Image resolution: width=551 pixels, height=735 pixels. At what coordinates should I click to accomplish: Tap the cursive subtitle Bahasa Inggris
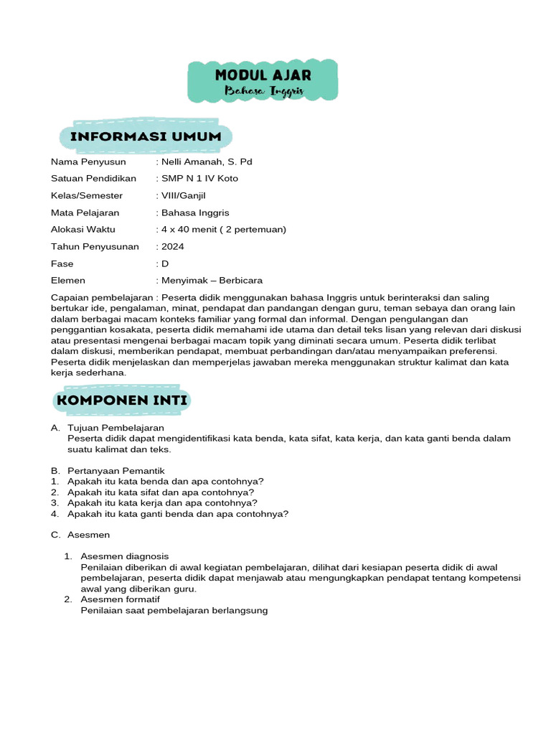point(263,92)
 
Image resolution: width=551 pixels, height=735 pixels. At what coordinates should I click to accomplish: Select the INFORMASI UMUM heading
point(146,136)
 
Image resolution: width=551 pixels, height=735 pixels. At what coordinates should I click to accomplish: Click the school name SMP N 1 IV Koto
point(199,179)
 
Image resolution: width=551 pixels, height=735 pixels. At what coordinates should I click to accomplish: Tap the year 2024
point(173,246)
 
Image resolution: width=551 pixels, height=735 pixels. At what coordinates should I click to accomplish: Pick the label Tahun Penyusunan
point(95,246)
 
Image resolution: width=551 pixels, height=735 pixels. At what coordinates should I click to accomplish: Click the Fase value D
point(164,263)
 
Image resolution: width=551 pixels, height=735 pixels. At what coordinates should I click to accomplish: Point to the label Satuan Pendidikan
point(93,179)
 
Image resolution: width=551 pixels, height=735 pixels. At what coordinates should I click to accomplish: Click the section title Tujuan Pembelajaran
point(116,428)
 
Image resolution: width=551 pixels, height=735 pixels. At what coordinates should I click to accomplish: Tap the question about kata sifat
point(161,492)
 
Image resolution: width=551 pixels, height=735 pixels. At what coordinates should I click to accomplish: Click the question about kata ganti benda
point(178,514)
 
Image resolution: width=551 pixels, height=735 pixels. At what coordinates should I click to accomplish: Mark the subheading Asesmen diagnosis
point(125,556)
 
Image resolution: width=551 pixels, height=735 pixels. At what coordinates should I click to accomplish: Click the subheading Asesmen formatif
point(121,599)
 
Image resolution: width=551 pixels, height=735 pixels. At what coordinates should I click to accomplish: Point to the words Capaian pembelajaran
point(102,297)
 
